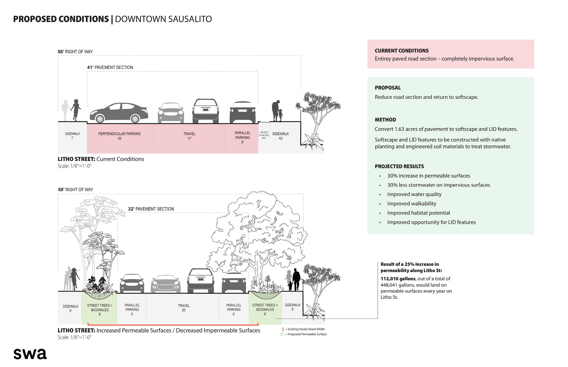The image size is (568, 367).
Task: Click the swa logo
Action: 30,354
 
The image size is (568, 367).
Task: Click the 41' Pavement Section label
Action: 110,67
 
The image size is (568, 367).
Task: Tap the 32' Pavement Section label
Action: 151,209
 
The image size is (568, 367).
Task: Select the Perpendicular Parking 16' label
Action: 119,136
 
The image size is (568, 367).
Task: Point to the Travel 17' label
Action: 189,136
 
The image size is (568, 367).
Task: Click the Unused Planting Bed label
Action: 264,135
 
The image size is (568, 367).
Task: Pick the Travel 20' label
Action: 184,308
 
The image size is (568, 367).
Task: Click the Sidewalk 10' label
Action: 281,136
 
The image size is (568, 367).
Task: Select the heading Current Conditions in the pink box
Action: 401,51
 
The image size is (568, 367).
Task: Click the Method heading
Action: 385,120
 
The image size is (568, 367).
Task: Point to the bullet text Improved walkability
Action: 412,204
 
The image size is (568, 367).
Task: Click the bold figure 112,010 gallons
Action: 398,279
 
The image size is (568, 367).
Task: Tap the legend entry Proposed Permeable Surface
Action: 306,334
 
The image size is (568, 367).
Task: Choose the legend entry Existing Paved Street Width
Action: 305,329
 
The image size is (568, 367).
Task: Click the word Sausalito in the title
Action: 187,19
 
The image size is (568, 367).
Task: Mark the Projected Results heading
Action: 399,166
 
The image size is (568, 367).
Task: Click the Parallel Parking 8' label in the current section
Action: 242,137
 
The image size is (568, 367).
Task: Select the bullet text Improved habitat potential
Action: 418,213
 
